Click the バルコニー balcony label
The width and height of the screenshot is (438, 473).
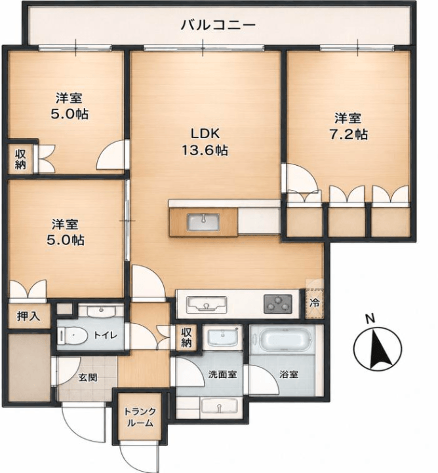point(218,24)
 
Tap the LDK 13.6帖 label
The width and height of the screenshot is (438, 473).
point(205,142)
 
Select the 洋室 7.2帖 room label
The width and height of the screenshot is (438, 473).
point(348,126)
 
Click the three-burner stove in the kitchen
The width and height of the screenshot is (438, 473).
point(278,304)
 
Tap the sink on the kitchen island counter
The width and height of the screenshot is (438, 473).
point(203,223)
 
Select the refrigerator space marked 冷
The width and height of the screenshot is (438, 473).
point(314,303)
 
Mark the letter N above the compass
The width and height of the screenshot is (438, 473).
point(369,318)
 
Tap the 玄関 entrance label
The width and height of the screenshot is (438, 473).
point(88,377)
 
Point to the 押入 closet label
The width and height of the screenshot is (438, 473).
point(28,316)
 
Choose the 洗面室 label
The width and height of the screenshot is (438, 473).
point(222,374)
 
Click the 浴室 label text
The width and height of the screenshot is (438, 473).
point(289,374)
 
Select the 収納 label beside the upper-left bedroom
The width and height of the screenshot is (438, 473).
point(20,160)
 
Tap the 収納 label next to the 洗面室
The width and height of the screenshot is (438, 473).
point(186,337)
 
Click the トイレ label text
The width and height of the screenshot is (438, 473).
point(105,335)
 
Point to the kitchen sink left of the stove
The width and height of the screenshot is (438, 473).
point(207,304)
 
